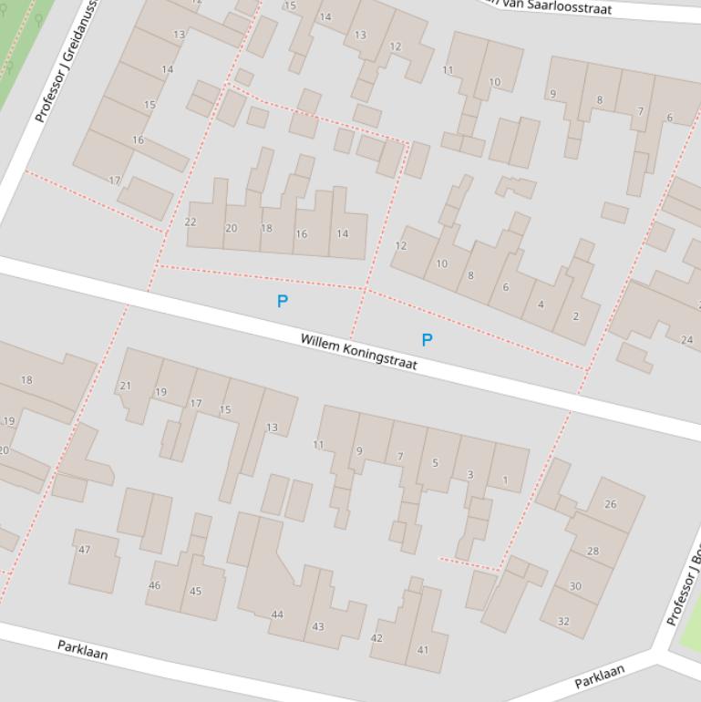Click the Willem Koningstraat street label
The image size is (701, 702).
(358, 352)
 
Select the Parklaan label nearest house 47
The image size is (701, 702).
(83, 650)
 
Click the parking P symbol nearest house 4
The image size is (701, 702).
(427, 340)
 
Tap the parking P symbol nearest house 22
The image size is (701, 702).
(283, 301)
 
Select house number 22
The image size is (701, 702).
(191, 222)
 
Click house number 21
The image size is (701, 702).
(125, 386)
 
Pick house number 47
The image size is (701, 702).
(85, 550)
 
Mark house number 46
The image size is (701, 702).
(154, 585)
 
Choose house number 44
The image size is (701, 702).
(277, 614)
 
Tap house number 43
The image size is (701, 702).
(318, 626)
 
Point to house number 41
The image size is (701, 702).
(422, 650)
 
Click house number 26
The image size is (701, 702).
(610, 503)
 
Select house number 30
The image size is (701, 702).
(575, 586)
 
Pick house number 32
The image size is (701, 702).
(563, 621)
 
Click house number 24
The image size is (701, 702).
(686, 340)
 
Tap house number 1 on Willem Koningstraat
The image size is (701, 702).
(505, 480)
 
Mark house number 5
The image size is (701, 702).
(435, 463)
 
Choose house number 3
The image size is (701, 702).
(470, 474)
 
